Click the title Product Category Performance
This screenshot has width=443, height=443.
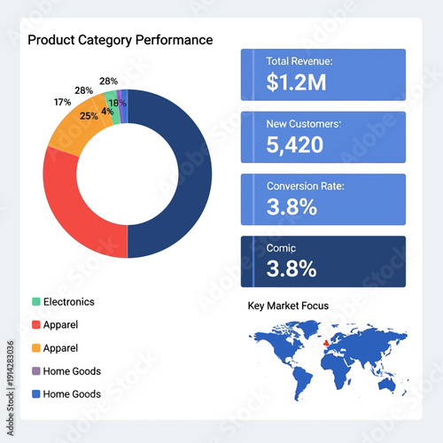(x=120, y=40)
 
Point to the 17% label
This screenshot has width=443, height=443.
(x=62, y=102)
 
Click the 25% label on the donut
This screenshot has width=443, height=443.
(x=89, y=116)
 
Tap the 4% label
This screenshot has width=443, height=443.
(x=106, y=112)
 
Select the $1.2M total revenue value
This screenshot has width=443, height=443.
(x=296, y=82)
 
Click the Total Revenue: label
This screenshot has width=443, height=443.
(x=299, y=61)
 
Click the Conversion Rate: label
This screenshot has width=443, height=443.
(x=305, y=186)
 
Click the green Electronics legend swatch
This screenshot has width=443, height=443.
(x=35, y=302)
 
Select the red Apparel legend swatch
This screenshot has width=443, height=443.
(x=35, y=325)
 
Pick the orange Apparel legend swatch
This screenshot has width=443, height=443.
(x=35, y=348)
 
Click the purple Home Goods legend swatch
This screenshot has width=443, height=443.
(x=35, y=371)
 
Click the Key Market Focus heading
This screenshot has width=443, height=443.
(x=288, y=306)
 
